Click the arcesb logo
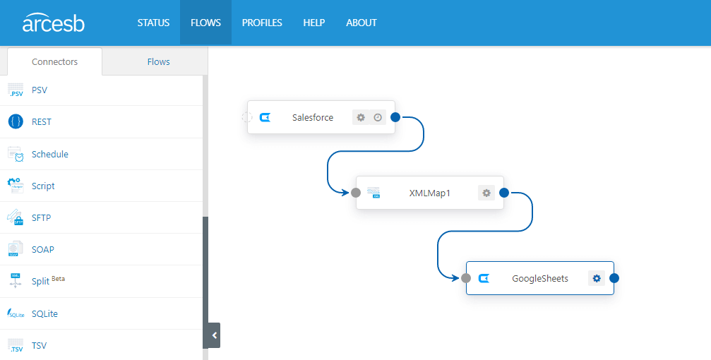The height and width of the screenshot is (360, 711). pos(54,23)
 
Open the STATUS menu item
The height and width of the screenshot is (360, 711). pos(153,23)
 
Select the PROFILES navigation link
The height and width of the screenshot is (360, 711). pos(262,23)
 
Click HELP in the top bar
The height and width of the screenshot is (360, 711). pos(313,23)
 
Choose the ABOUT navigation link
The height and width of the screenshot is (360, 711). pos(362,23)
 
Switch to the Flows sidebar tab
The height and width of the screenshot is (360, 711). pos(158,61)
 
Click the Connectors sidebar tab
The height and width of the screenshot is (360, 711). pos(54,61)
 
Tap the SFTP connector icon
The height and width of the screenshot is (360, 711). pos(16,217)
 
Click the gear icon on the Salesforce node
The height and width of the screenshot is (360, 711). pos(361,117)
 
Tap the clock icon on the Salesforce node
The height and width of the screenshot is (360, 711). pos(378,117)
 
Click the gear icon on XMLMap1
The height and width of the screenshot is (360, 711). pos(486,193)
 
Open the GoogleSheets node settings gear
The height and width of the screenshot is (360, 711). pos(597,278)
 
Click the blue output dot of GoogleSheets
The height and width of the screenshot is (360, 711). pos(614,278)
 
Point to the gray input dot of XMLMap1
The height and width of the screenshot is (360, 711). pos(356,193)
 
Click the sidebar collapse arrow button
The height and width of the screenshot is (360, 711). pos(214,335)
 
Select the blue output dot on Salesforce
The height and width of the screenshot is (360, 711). pos(395,117)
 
